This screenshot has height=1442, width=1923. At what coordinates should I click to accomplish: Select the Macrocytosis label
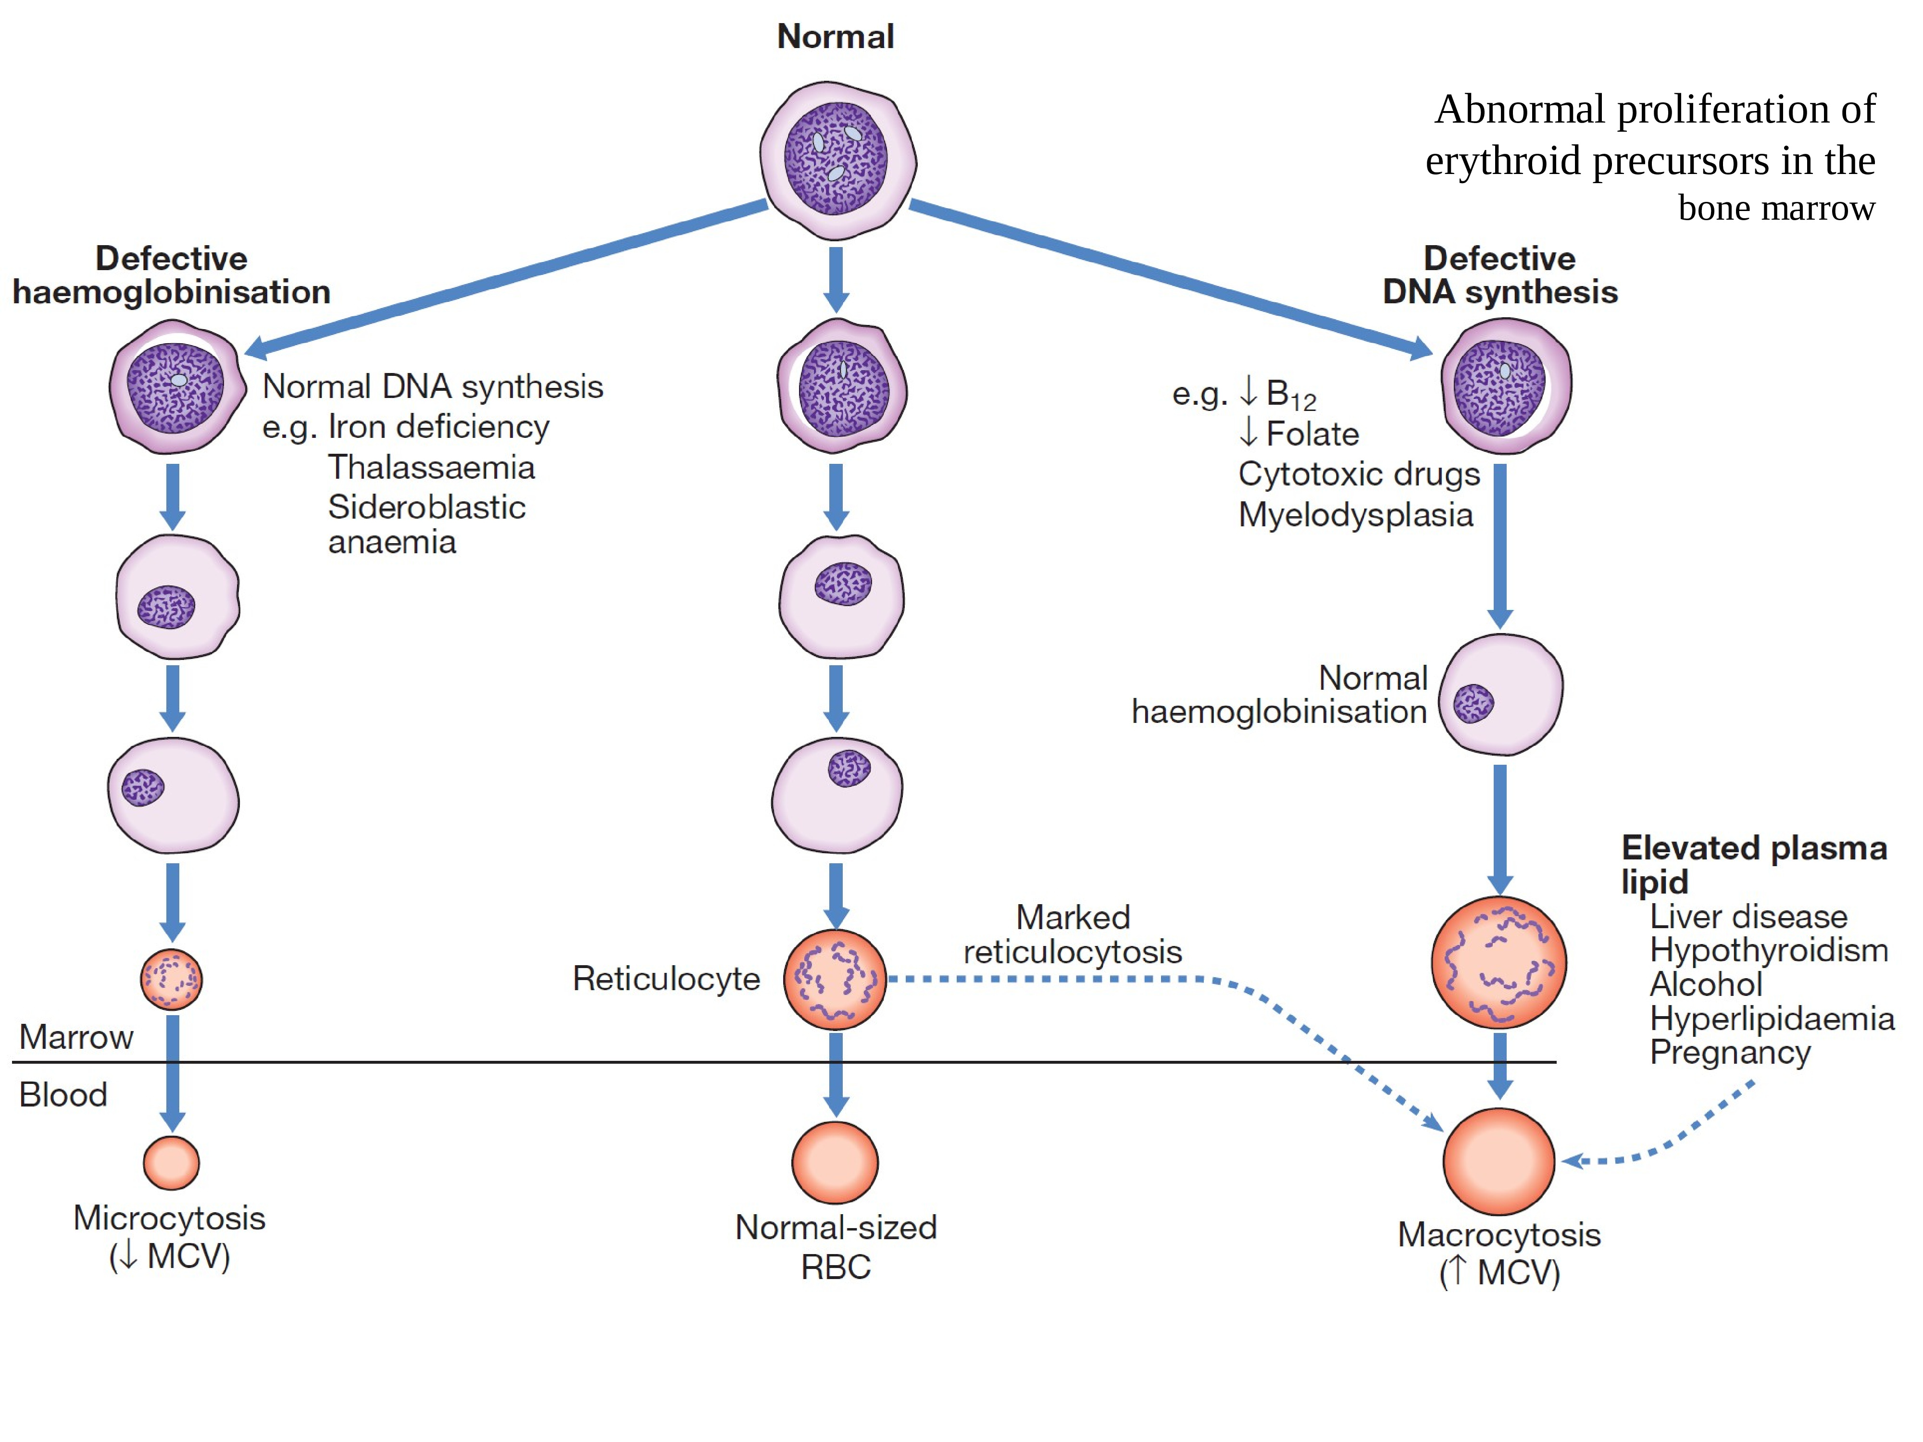pos(1499,1234)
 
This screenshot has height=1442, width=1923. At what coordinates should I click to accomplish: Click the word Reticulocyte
pos(666,979)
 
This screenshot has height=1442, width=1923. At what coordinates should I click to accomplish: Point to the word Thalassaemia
pos(431,468)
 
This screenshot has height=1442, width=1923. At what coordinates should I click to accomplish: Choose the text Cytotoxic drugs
pos(1359,474)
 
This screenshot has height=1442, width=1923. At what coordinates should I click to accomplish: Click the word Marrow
pos(76,1037)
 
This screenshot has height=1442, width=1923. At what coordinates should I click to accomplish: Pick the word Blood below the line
pos(63,1094)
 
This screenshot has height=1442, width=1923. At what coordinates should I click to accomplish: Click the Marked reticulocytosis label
pos(1073,934)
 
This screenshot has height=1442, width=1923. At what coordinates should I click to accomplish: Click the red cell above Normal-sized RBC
pos(835,1162)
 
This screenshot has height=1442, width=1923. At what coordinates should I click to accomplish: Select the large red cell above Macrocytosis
pos(1499,1161)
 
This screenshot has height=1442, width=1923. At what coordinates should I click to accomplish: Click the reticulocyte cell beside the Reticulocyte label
pos(835,980)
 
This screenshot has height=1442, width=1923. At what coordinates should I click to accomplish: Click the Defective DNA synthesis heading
pos(1499,274)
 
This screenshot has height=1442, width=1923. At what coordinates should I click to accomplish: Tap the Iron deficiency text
pos(439,427)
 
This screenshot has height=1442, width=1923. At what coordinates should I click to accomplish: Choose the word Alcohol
pos(1706,984)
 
